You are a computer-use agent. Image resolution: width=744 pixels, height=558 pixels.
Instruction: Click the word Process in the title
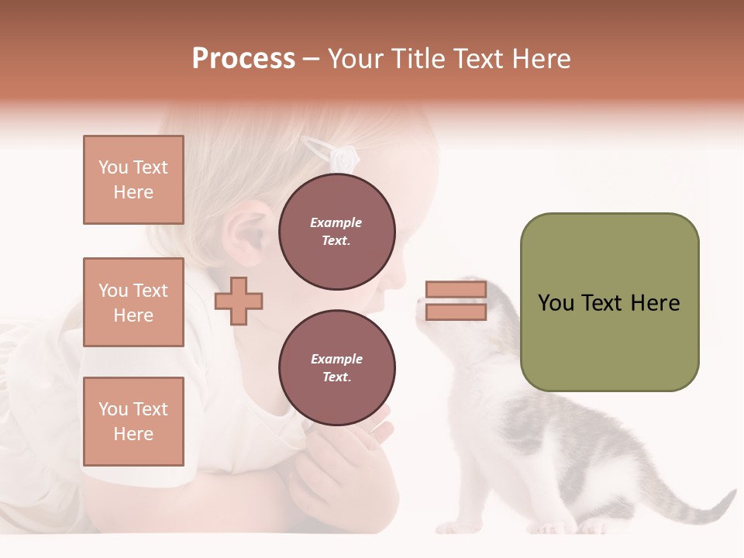pos(243,59)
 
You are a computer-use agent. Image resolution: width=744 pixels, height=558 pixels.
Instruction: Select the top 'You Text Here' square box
pos(133,180)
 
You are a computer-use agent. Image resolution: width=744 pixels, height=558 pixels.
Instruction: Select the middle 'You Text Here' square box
pos(133,302)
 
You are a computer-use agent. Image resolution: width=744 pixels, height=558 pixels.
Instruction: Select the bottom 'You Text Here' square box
pos(133,421)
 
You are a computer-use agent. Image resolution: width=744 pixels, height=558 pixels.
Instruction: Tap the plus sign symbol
pos(239,301)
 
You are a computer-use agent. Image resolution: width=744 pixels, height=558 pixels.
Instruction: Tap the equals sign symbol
pos(456,301)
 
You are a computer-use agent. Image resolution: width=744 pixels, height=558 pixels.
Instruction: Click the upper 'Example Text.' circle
pos(336,232)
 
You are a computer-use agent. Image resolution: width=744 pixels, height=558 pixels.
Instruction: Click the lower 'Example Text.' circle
pos(336,368)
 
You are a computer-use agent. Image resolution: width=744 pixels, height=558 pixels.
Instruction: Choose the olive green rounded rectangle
pos(609,302)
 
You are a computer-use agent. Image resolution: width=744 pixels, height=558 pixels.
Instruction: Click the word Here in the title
pos(538,59)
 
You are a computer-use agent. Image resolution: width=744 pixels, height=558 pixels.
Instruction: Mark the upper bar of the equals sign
pos(456,290)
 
